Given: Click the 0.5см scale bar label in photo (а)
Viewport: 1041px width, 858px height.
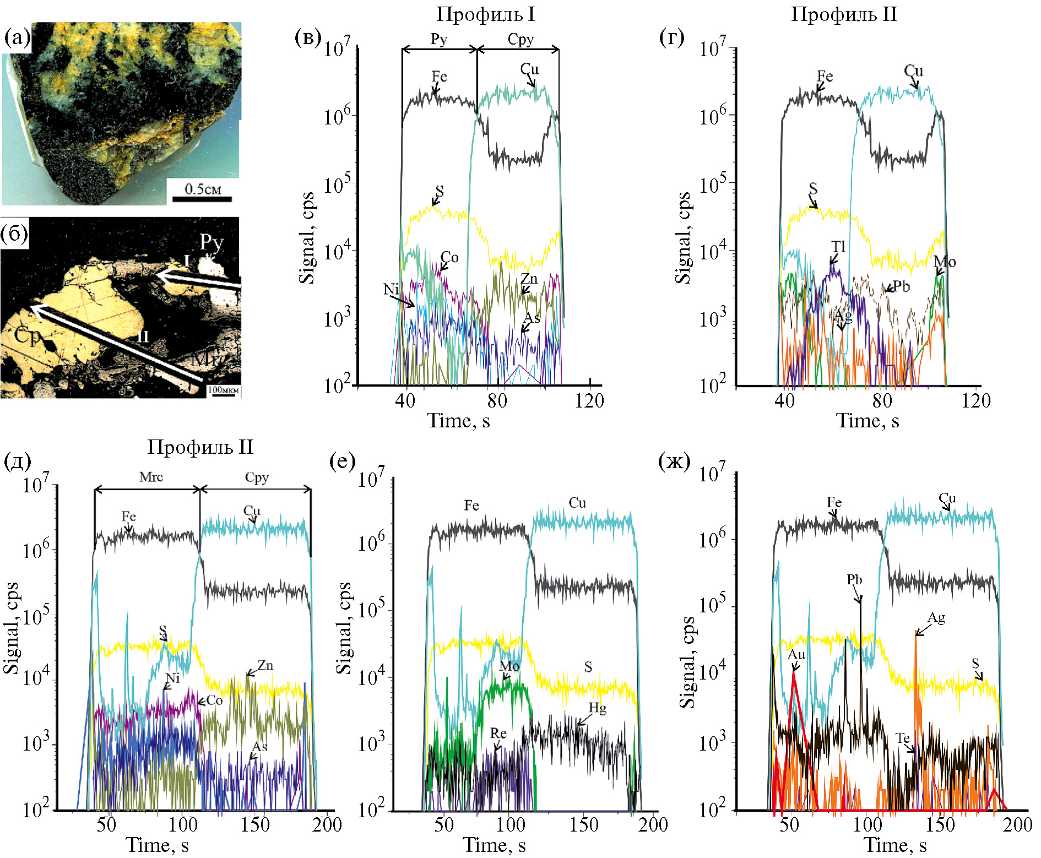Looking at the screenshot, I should (202, 189).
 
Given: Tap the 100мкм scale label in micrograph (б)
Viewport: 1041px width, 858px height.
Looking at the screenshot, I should (224, 389).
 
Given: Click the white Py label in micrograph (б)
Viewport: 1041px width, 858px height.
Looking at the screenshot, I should (211, 241).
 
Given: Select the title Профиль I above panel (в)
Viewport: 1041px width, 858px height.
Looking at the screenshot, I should (486, 14).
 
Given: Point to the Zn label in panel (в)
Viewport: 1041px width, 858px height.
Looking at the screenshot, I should (529, 279).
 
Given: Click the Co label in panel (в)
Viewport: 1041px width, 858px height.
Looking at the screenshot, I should (449, 257).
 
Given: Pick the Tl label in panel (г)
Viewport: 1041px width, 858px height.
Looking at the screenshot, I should (838, 246).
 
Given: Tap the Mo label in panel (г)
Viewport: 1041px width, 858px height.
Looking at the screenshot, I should (945, 262).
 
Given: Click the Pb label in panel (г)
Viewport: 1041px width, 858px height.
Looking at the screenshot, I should (901, 286).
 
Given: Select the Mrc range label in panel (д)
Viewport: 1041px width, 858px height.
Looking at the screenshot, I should (151, 477).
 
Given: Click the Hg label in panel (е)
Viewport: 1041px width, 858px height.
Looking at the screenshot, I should (598, 708).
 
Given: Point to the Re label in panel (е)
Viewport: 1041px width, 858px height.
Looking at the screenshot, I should (498, 733).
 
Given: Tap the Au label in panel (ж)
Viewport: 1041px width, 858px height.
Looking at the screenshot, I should (796, 654).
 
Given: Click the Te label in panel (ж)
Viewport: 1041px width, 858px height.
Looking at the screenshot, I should (902, 738).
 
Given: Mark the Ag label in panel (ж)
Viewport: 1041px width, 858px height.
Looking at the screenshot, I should (936, 617).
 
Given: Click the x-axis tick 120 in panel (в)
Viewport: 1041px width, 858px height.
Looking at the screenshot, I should (590, 401).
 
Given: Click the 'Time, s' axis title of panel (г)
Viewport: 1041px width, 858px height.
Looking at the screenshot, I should (868, 421).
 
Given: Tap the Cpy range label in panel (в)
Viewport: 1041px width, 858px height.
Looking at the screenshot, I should (520, 40).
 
